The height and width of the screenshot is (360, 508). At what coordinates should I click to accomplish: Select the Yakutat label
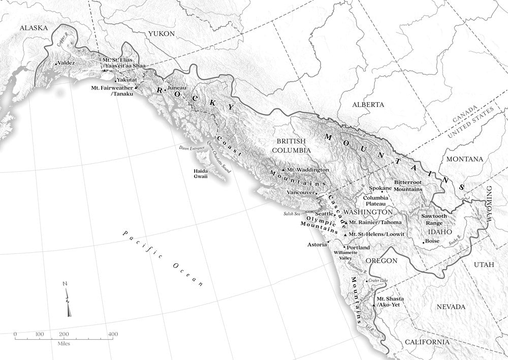(127, 80)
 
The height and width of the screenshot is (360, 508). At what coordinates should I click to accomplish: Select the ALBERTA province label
(368, 104)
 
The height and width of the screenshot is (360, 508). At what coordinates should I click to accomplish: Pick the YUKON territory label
(161, 34)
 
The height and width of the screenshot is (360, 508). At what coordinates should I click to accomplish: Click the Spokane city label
(380, 188)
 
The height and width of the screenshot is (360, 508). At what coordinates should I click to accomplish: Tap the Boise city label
(432, 241)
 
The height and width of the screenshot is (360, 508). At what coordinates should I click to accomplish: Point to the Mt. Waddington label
(308, 169)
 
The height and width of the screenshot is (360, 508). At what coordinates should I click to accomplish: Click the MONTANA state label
(464, 159)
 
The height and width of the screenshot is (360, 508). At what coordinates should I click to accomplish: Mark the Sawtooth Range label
(434, 219)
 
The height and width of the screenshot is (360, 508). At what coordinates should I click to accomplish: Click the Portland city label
(358, 247)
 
